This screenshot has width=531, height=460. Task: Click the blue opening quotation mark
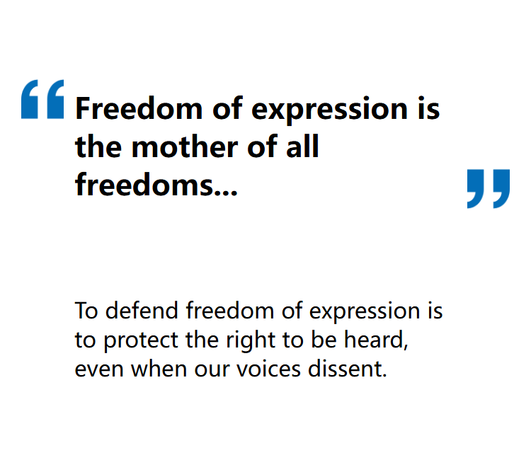coord(42,99)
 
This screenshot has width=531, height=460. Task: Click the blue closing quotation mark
coord(489,188)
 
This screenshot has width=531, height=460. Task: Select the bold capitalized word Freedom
coord(139,108)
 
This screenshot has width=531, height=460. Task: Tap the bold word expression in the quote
coord(329,111)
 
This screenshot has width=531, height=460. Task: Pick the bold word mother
coord(185,147)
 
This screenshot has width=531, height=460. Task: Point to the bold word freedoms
coord(144,185)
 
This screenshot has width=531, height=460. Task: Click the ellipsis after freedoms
coord(226,193)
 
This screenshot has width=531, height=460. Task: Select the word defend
coord(142,310)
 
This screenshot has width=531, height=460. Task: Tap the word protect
coord(141,341)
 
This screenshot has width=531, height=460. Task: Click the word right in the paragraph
coord(251,340)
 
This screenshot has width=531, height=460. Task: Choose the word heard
coord(374,339)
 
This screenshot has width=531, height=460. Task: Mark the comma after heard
coord(406,347)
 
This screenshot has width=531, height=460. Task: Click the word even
coord(99,369)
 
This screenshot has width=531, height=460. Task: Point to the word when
coord(159,368)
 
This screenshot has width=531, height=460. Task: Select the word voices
coord(268,368)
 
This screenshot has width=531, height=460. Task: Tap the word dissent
coord(344,368)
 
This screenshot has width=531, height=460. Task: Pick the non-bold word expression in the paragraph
coord(365,312)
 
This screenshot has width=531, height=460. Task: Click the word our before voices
coord(212,369)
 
